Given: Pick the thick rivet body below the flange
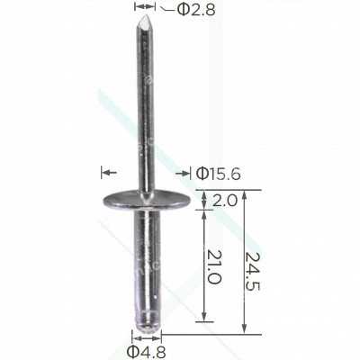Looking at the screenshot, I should (x=144, y=261).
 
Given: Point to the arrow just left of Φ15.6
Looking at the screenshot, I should (x=184, y=171).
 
